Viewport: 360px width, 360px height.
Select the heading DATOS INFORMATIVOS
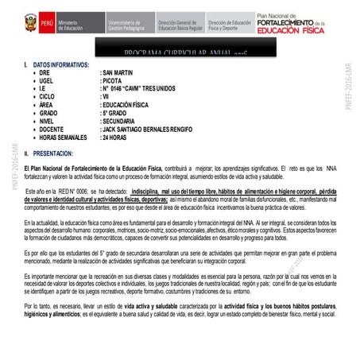point(60,64)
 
